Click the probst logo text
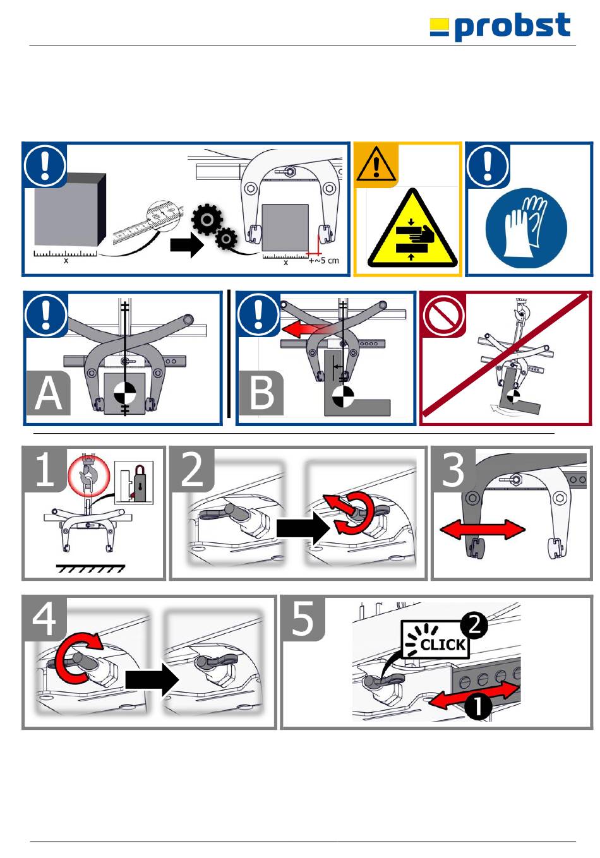(512, 27)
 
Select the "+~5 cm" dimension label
(324, 260)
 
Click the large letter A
(49, 394)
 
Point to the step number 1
(44, 470)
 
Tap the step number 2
(193, 470)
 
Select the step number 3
(453, 470)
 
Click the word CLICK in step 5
(443, 645)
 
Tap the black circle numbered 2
(474, 625)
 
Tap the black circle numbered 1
(478, 706)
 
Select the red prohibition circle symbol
(444, 315)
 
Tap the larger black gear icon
(207, 220)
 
